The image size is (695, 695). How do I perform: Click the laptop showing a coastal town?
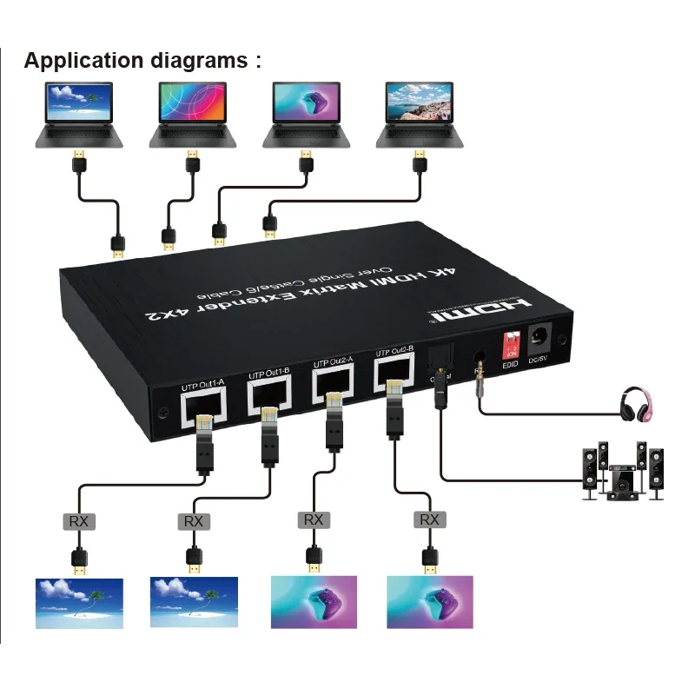(x=418, y=113)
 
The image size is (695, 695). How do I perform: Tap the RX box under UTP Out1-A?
(x=79, y=521)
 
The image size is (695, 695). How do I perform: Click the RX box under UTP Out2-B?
(x=429, y=520)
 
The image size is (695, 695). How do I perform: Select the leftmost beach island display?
(x=79, y=603)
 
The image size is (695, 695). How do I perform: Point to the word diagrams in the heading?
(x=199, y=61)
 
